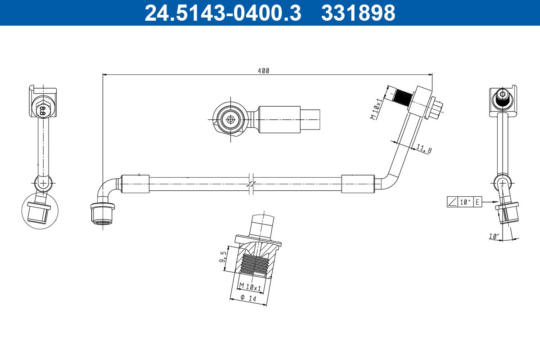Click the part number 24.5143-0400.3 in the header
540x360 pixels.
(223, 13)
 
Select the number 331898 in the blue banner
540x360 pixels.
(358, 13)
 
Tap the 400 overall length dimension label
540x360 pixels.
(264, 71)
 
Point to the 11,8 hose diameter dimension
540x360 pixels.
(424, 149)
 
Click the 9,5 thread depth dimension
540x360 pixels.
(223, 256)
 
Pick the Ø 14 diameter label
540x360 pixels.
(248, 298)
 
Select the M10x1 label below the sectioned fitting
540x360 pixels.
(250, 287)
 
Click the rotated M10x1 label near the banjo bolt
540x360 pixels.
(376, 109)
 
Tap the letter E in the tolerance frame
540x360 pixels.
(477, 202)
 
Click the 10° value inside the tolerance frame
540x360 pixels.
(465, 202)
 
